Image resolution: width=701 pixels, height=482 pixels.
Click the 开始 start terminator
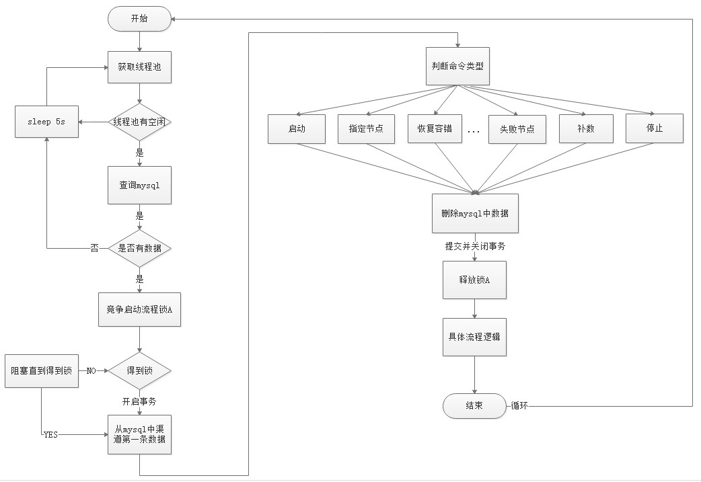point(139,19)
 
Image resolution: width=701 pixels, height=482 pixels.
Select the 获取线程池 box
point(139,67)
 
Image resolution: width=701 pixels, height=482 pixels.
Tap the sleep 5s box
point(46,122)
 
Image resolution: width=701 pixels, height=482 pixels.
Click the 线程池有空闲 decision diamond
point(139,122)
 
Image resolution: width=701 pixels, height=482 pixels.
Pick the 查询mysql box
point(139,186)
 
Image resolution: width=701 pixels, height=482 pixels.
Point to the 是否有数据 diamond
point(139,248)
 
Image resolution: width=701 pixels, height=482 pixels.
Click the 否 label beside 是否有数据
point(95,248)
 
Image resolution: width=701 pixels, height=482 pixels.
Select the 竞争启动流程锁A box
point(139,310)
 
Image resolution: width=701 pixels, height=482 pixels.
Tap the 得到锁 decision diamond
point(139,371)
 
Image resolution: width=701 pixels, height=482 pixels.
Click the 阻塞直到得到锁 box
point(42,371)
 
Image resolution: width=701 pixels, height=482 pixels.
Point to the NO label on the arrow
point(91,371)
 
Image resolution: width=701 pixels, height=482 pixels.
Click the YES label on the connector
point(50,435)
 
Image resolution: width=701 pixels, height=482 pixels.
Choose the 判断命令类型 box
point(457,66)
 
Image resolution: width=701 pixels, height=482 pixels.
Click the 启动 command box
point(297,129)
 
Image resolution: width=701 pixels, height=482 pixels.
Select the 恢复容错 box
point(435,128)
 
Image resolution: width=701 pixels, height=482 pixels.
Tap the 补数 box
point(586,128)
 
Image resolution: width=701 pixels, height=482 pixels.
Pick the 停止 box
point(655,128)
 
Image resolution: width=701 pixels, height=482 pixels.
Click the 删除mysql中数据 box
point(475,214)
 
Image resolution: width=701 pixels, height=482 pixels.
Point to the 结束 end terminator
point(474,405)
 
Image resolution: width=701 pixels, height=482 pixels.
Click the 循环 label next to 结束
point(519,405)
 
